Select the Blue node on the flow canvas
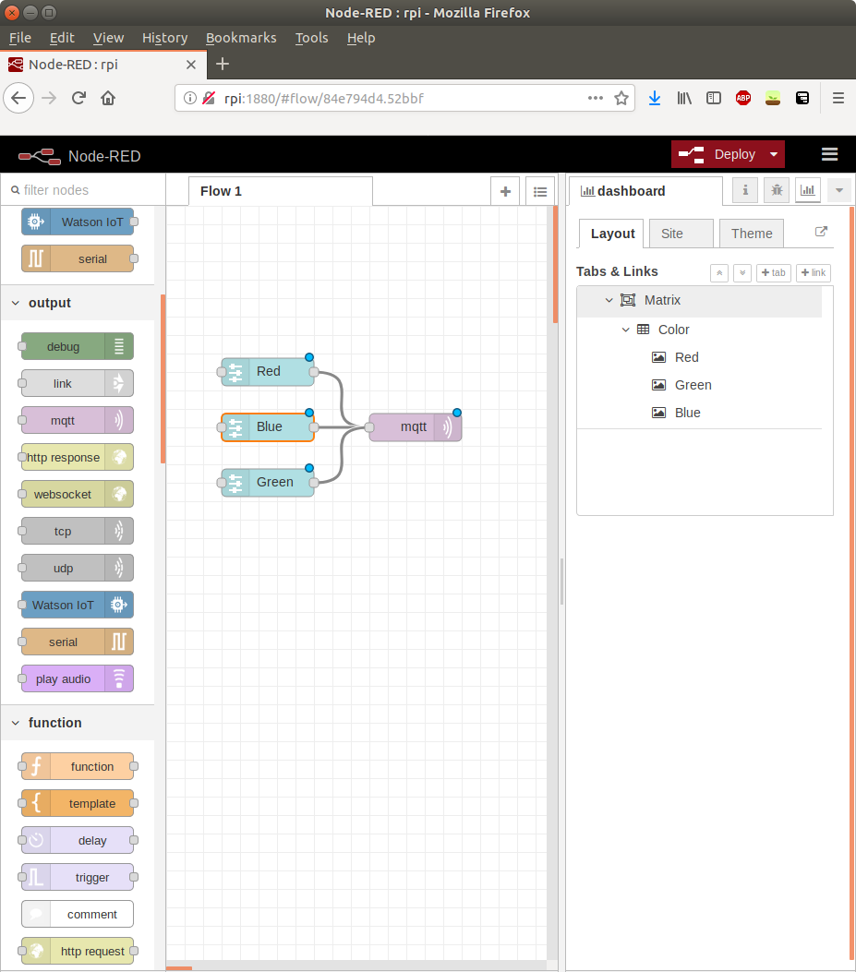[268, 427]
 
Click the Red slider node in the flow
[268, 372]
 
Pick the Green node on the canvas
[268, 483]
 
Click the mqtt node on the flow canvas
[414, 427]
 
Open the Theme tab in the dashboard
[752, 234]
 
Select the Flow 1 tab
[221, 191]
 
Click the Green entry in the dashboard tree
[693, 385]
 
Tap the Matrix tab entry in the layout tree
[662, 300]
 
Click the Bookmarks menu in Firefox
[241, 38]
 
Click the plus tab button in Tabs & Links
[774, 272]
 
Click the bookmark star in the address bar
[621, 98]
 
